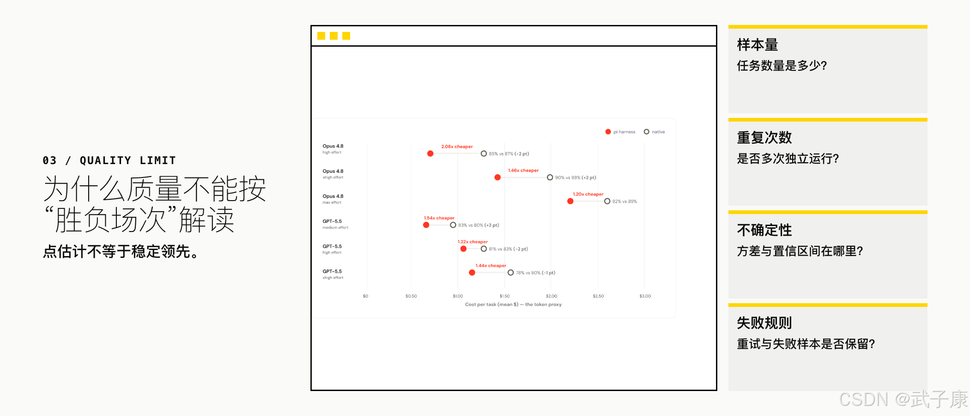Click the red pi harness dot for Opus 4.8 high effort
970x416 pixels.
pyautogui.click(x=430, y=153)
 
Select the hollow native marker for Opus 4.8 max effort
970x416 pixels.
pyautogui.click(x=607, y=201)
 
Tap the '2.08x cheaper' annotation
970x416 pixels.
pyautogui.click(x=457, y=147)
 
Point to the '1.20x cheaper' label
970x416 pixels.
pyautogui.click(x=588, y=194)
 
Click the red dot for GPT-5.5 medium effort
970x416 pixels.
pyautogui.click(x=426, y=225)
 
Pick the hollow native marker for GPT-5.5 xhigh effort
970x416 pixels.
pyautogui.click(x=510, y=273)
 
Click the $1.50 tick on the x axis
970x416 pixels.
pyautogui.click(x=505, y=296)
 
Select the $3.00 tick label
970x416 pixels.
pyautogui.click(x=645, y=296)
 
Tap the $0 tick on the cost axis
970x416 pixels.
pyautogui.click(x=365, y=296)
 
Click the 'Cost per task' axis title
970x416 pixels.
pyautogui.click(x=513, y=304)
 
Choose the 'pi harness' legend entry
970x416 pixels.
pyautogui.click(x=620, y=132)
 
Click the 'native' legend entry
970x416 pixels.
pyautogui.click(x=655, y=132)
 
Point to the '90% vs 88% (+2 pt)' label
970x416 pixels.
pyautogui.click(x=576, y=177)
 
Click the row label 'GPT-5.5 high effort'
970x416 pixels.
pyautogui.click(x=332, y=249)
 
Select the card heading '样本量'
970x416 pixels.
pyautogui.click(x=758, y=45)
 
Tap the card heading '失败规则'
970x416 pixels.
pyautogui.click(x=764, y=323)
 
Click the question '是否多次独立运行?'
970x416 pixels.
pyautogui.click(x=788, y=159)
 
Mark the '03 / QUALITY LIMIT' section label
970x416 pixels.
pyautogui.click(x=109, y=160)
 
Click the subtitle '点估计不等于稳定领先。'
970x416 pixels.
pyautogui.click(x=121, y=251)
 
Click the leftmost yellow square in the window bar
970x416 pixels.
pyautogui.click(x=321, y=36)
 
